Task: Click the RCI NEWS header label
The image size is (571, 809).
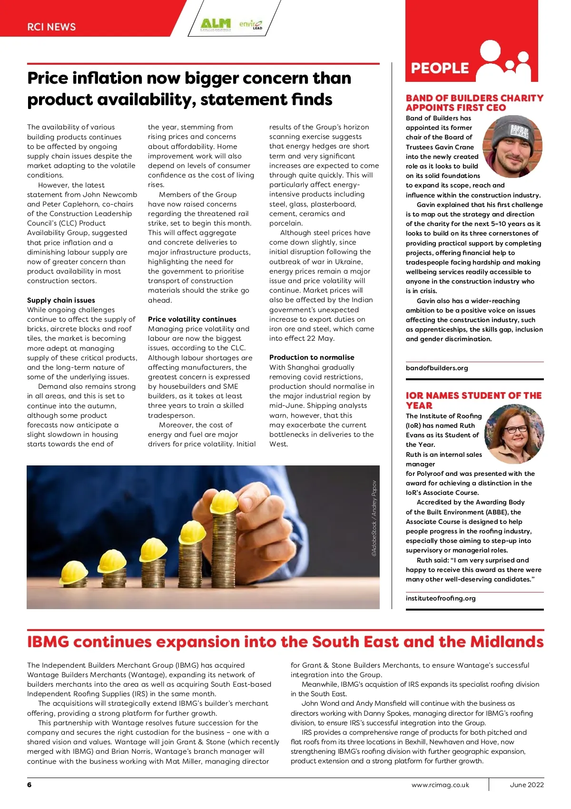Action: pos(51,27)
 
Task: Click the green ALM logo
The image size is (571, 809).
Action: pos(216,24)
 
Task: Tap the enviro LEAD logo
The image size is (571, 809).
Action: pos(250,24)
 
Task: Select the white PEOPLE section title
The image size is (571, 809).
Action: pos(440,69)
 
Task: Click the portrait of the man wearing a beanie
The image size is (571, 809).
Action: pos(512,147)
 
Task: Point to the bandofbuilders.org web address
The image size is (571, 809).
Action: pos(437,368)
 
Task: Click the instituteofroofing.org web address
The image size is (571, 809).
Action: pos(441,598)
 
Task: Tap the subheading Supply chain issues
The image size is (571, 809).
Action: pos(61,300)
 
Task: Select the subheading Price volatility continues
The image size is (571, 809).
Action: pos(192,319)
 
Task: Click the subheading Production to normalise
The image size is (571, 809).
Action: pos(312,357)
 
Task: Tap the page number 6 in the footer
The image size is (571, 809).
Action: pos(30,785)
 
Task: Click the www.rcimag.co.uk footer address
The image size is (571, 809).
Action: pos(440,785)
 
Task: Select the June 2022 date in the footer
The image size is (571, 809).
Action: pos(526,785)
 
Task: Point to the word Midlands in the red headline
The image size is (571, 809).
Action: pos(507,642)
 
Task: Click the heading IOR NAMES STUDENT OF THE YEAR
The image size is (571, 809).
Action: pos(473,400)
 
